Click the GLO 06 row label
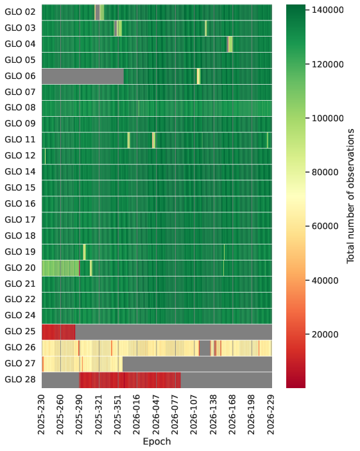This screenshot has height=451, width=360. [x=20, y=76]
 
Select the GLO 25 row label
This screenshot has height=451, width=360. [x=20, y=331]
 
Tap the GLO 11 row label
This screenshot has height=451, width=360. [x=20, y=139]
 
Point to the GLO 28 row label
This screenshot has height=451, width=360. [x=20, y=379]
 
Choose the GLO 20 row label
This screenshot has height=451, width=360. [x=20, y=268]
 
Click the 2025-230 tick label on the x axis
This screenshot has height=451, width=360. [x=42, y=414]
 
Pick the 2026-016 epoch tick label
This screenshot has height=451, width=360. [x=137, y=414]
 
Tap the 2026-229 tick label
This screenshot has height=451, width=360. [x=271, y=414]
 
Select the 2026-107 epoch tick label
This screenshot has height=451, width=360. [x=194, y=414]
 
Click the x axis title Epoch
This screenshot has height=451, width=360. [x=157, y=441]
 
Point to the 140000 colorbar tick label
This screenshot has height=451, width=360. [x=328, y=10]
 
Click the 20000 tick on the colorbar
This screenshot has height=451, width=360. [x=325, y=334]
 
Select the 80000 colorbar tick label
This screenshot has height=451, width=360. [x=325, y=173]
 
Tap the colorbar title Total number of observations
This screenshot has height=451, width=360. [x=350, y=196]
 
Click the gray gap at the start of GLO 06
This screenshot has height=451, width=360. [x=83, y=76]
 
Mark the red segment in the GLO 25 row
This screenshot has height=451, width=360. [x=58, y=332]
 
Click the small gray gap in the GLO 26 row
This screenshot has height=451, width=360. [x=205, y=348]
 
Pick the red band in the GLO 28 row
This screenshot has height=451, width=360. [x=130, y=380]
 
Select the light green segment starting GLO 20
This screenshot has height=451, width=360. [x=60, y=268]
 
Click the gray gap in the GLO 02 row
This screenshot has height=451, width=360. [x=98, y=12]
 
